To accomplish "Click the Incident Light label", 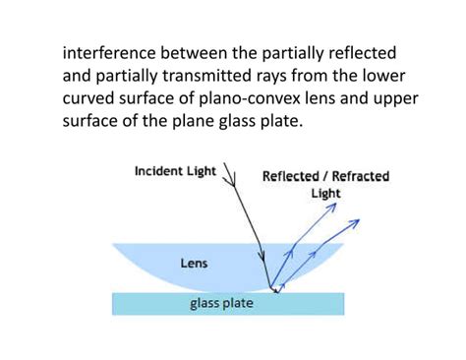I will tap(176, 171).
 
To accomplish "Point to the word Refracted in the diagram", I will tap(357, 176).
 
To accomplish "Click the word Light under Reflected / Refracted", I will tap(325, 194).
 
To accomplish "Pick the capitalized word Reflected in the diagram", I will tap(290, 176).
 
